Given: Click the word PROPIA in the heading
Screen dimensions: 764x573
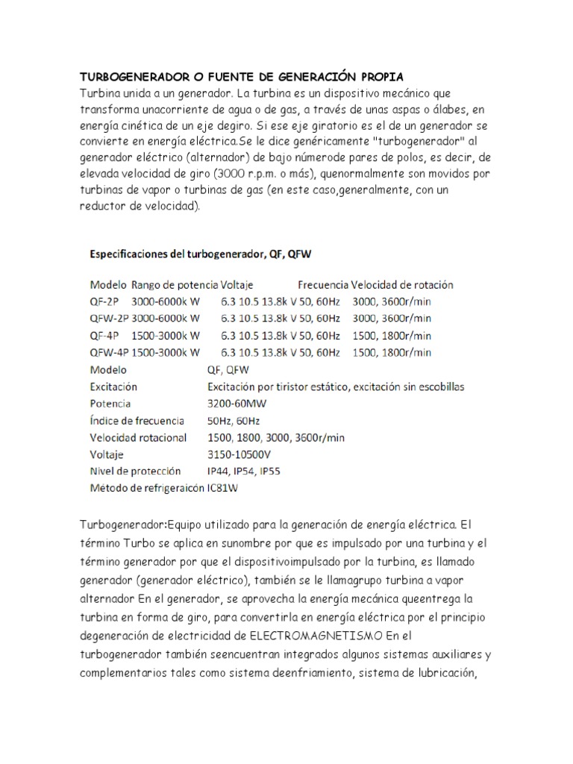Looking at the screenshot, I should [376, 77].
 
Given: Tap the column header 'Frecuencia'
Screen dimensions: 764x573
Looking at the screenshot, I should [323, 285].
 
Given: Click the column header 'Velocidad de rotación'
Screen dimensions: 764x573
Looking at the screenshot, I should [402, 285].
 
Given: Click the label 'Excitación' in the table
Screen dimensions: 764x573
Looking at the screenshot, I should [113, 386].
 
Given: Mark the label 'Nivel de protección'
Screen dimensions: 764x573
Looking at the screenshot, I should [134, 471].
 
